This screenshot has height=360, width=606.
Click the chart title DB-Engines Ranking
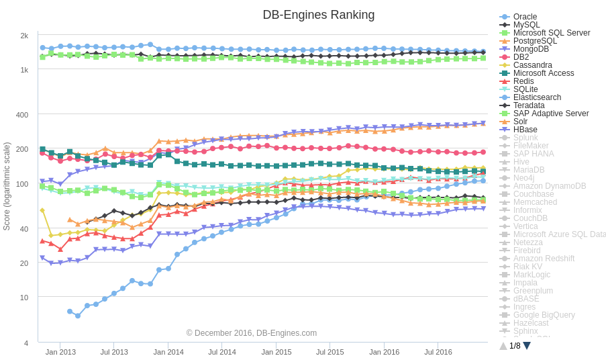point(318,15)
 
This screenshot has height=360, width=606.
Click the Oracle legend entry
point(525,17)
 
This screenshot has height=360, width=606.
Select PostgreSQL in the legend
point(535,41)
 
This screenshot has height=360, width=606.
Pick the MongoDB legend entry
point(531,49)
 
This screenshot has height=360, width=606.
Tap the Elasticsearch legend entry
point(537,97)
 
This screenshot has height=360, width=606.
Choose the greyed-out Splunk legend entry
point(525,138)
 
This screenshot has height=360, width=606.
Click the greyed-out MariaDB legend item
point(529,170)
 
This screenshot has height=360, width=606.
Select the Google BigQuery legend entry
point(544,315)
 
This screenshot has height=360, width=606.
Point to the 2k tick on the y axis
point(24,36)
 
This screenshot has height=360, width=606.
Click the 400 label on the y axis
point(22,115)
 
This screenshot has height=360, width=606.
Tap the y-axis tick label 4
point(26,343)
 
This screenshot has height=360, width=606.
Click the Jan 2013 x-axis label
point(60,352)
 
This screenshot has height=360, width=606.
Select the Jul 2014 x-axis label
point(222,352)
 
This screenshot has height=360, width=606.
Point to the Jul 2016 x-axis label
point(438,352)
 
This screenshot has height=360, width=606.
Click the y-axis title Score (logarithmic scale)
point(7,186)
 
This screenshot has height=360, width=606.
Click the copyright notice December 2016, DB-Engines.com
point(252,333)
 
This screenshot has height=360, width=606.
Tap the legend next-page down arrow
point(527,346)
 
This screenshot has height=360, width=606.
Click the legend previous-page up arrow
point(503,346)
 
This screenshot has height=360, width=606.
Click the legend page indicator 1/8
point(515,346)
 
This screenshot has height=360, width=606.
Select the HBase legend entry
point(525,130)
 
